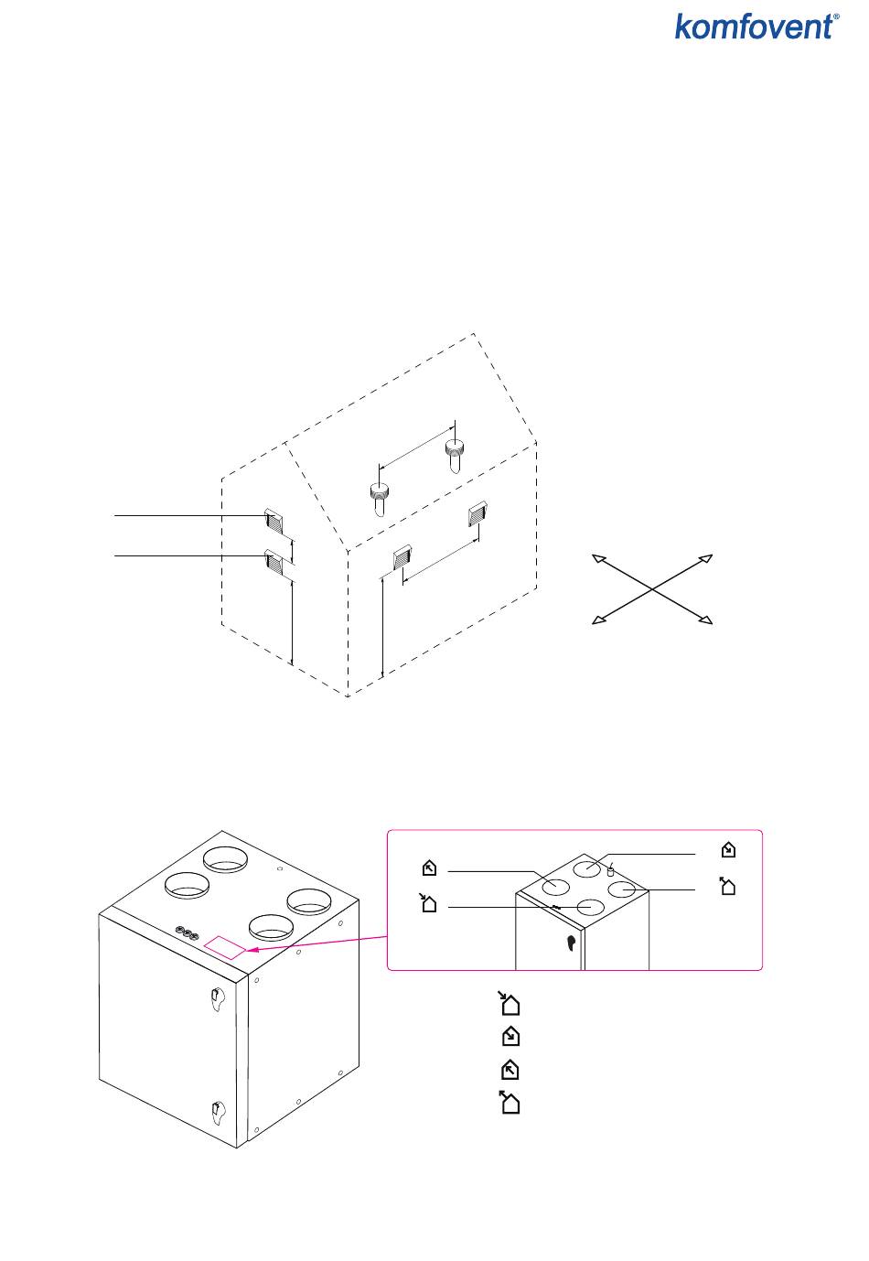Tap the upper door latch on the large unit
pyautogui.click(x=217, y=998)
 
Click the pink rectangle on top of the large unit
pyautogui.click(x=226, y=947)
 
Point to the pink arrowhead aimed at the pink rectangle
pyautogui.click(x=252, y=953)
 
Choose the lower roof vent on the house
pyautogui.click(x=380, y=495)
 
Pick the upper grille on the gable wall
pyautogui.click(x=274, y=521)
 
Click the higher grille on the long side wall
pyautogui.click(x=477, y=514)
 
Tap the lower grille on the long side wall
pyautogui.click(x=402, y=557)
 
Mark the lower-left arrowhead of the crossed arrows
pyautogui.click(x=597, y=620)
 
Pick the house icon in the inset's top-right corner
pyautogui.click(x=727, y=850)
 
